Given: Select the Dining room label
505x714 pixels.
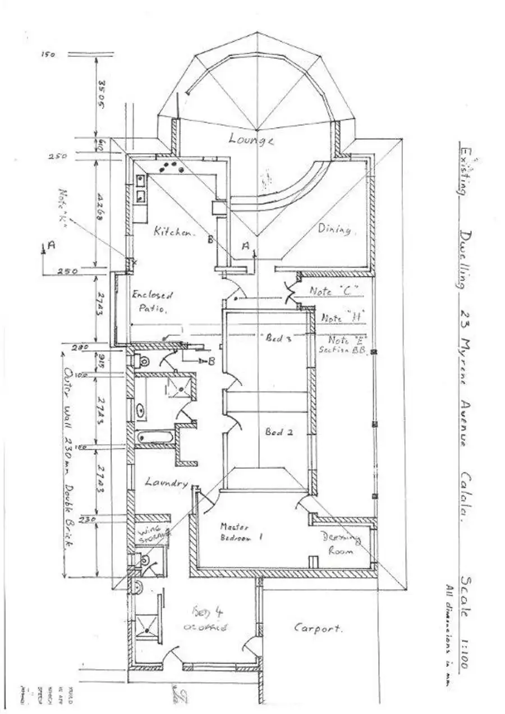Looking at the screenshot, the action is click(x=335, y=229).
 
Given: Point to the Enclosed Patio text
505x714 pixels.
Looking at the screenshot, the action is click(x=152, y=301).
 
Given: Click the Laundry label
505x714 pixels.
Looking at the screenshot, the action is click(x=166, y=482).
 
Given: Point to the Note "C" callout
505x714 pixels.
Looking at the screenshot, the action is click(x=333, y=291).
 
